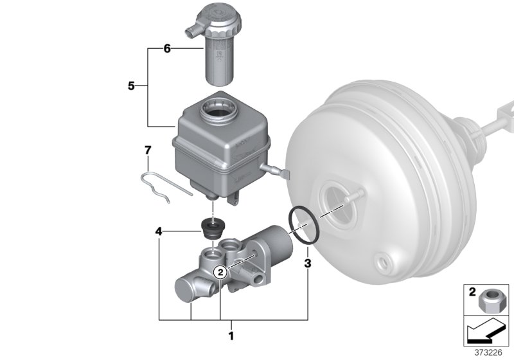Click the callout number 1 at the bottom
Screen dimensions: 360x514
coord(231,334)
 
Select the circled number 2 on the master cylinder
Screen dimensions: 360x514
coord(220,273)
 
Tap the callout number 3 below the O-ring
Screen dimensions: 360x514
coord(308,263)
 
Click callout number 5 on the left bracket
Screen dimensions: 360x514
coord(131,85)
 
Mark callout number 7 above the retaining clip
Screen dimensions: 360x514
coord(147,150)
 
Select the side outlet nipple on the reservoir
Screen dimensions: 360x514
coord(274,171)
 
